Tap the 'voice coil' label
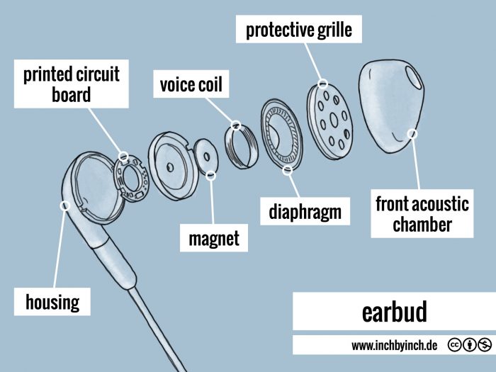coord(191,86)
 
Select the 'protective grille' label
coord(298,30)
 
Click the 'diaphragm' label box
coord(305,211)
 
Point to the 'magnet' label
coord(214,239)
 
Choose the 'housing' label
coord(52,303)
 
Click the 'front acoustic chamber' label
coord(422,215)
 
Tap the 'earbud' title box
coord(394,312)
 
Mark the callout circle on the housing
coord(64,205)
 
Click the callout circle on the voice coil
coord(237,126)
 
